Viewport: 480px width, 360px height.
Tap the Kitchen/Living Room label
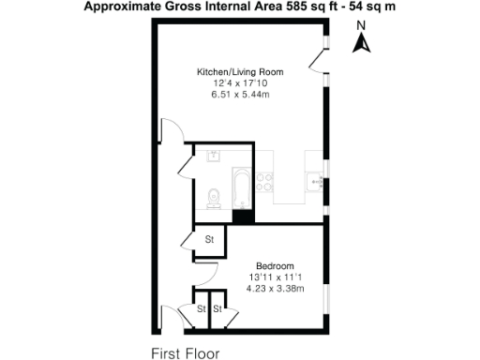[240, 72]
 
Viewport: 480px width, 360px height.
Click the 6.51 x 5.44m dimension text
[240, 96]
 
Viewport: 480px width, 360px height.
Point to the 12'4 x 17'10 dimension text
[240, 83]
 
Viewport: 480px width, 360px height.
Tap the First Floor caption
[187, 353]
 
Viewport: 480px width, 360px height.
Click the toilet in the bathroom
[213, 198]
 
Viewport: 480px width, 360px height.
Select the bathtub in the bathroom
[243, 188]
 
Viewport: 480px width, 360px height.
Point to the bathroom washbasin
[213, 155]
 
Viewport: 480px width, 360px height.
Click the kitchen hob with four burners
[265, 179]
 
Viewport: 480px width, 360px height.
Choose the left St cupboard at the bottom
[201, 308]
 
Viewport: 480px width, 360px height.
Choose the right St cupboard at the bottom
[217, 308]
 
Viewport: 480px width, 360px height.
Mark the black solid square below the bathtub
[243, 217]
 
